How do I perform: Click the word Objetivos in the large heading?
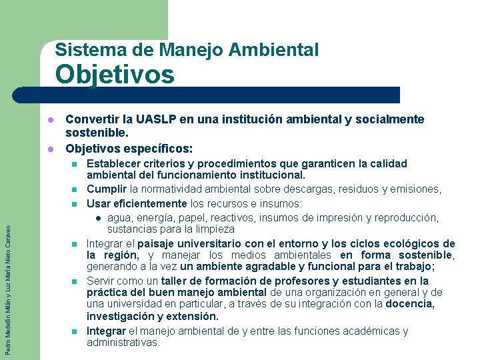[115, 75]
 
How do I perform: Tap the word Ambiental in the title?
[274, 49]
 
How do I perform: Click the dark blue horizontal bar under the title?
[206, 95]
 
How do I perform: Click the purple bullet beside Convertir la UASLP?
[51, 120]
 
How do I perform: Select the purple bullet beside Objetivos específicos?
[51, 149]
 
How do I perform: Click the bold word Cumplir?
[107, 189]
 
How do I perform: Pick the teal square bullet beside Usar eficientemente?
[75, 204]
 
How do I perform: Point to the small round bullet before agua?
[98, 218]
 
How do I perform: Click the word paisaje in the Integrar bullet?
[155, 244]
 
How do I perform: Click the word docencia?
[410, 304]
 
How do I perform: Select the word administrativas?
[123, 342]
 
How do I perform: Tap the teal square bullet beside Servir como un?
[75, 281]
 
